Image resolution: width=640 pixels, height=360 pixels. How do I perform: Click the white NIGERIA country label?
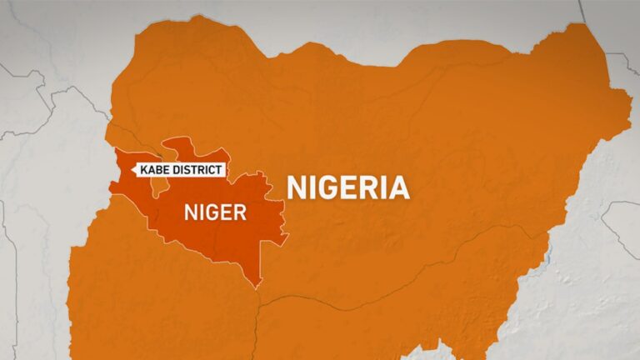pos(348,187)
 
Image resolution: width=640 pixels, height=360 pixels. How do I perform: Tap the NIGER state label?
pos(215,212)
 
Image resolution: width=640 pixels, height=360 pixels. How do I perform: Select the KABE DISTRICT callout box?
pos(178,170)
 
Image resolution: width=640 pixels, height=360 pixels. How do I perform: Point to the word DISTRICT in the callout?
pos(198,170)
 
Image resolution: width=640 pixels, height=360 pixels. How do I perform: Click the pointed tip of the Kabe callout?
pos(132,170)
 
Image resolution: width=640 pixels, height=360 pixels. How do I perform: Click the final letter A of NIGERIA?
pos(399,187)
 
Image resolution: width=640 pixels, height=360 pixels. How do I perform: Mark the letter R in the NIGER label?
pos(240,212)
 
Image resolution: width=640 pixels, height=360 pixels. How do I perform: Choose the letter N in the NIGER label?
pos(188,212)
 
